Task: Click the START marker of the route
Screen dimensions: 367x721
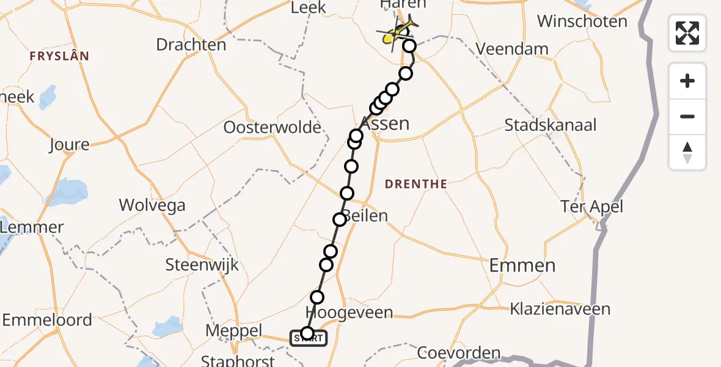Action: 308,338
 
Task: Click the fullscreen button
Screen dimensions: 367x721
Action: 687,33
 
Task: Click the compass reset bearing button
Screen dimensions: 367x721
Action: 687,152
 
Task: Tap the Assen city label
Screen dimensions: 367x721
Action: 386,124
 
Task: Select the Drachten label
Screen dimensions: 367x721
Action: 191,45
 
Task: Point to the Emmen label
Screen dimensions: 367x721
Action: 522,265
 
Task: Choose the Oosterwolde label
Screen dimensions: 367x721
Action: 273,128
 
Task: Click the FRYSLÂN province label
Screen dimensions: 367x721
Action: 59,56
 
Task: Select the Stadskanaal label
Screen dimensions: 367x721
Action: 551,125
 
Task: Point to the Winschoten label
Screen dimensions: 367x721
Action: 582,21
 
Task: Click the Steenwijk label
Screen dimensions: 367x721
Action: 202,265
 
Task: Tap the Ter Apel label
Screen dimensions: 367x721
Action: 592,207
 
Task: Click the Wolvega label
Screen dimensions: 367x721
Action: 152,205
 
